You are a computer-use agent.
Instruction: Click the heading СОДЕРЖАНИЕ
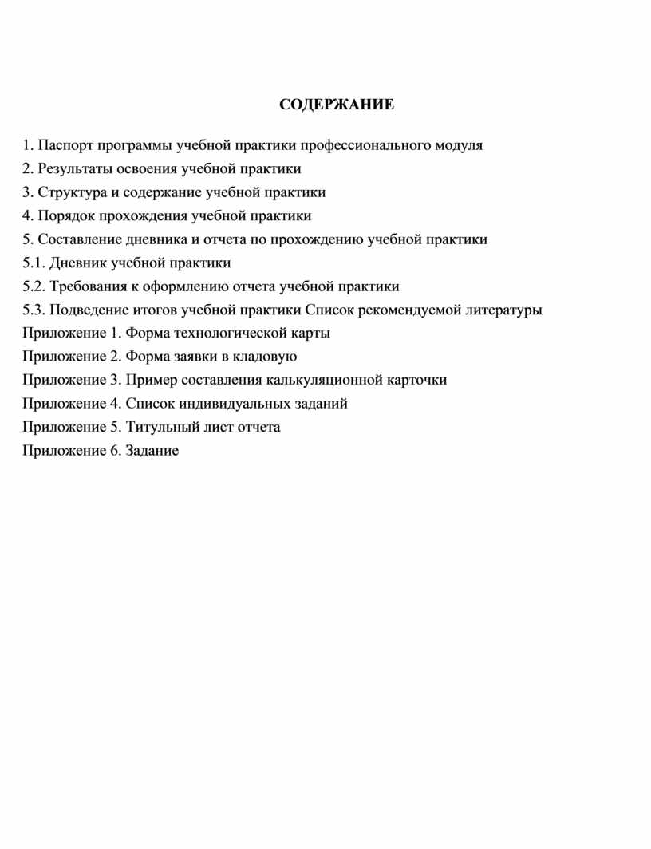[337, 105]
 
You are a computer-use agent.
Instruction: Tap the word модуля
[459, 145]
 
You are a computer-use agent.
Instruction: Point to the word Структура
[73, 192]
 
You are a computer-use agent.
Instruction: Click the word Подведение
[89, 310]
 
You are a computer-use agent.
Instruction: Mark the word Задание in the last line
[152, 451]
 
